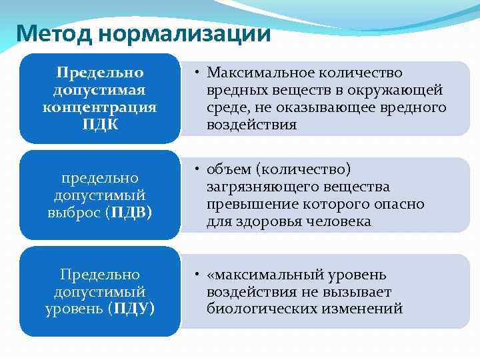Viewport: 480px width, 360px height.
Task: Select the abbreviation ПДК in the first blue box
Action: pyautogui.click(x=99, y=125)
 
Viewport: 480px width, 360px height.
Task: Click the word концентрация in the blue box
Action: pyautogui.click(x=99, y=107)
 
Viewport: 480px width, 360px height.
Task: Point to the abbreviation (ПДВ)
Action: pyautogui.click(x=131, y=213)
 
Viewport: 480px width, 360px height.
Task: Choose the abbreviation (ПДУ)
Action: pyautogui.click(x=131, y=309)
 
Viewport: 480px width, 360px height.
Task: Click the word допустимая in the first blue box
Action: pyautogui.click(x=99, y=90)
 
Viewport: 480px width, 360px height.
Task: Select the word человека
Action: pyautogui.click(x=338, y=221)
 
